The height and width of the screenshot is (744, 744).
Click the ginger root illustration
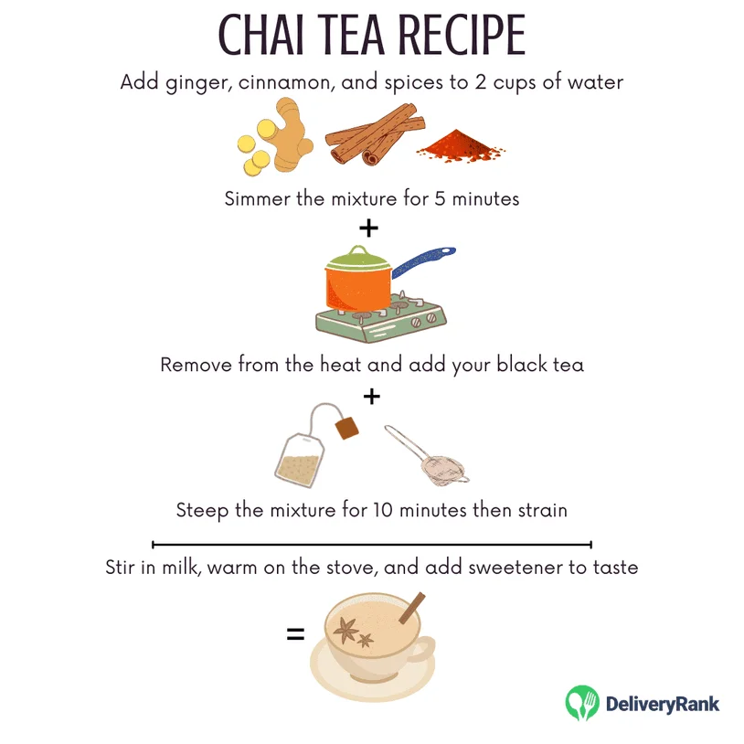(273, 143)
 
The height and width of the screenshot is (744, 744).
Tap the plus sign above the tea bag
(370, 397)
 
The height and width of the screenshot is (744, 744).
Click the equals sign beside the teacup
(295, 632)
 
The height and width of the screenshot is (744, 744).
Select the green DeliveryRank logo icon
(581, 703)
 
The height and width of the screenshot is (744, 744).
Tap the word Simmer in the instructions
(258, 198)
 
